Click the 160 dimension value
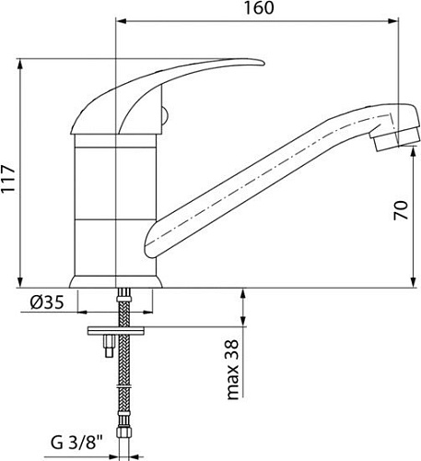259,8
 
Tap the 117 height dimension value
8,179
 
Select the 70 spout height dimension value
401,210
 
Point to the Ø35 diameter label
47,302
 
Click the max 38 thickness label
232,370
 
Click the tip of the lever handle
263,63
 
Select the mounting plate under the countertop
116,331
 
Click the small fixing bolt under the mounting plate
110,346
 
